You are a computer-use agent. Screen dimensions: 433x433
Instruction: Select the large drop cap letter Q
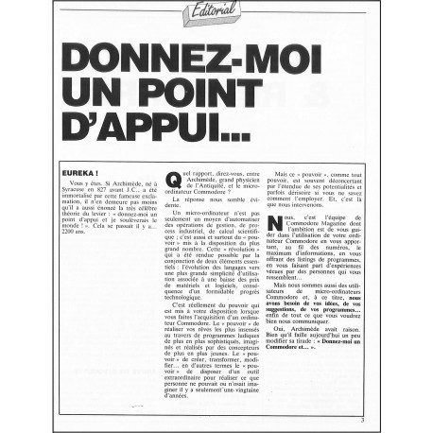[x=173, y=182]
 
